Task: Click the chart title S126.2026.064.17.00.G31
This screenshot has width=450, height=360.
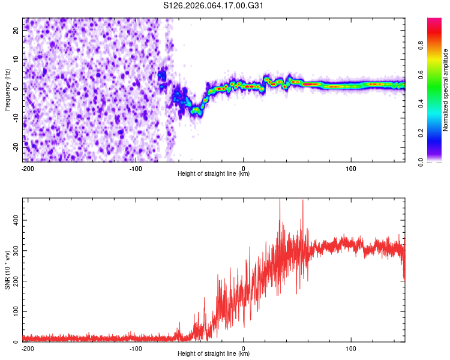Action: pyautogui.click(x=214, y=6)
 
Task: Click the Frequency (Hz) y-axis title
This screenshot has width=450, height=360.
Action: pyautogui.click(x=7, y=90)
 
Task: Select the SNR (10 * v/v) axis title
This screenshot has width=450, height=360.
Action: pyautogui.click(x=7, y=269)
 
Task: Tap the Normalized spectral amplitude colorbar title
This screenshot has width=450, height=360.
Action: pyautogui.click(x=445, y=90)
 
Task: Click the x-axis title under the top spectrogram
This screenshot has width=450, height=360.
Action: pyautogui.click(x=214, y=173)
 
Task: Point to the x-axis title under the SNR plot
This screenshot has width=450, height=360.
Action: pyautogui.click(x=214, y=353)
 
